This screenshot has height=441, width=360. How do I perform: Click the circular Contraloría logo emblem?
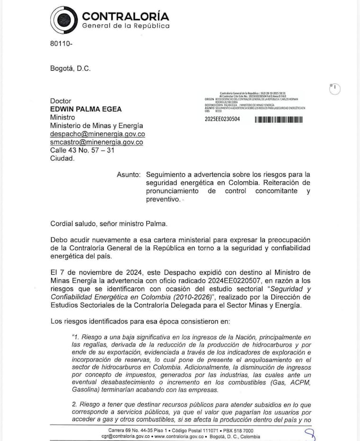[64, 20]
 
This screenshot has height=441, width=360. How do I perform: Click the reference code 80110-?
[61, 44]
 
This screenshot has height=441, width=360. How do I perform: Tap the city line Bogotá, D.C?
[70, 68]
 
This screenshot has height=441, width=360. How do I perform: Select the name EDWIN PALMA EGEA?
[86, 109]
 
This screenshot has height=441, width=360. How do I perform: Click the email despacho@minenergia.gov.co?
[98, 134]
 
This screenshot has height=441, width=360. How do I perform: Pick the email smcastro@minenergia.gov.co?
[97, 142]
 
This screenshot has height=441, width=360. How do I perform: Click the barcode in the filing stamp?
[279, 119]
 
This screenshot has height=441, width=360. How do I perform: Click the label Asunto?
[129, 174]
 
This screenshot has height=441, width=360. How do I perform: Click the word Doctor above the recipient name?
[61, 101]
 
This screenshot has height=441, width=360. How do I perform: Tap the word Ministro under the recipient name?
[63, 117]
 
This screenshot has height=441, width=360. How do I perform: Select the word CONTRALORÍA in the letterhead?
[126, 16]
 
